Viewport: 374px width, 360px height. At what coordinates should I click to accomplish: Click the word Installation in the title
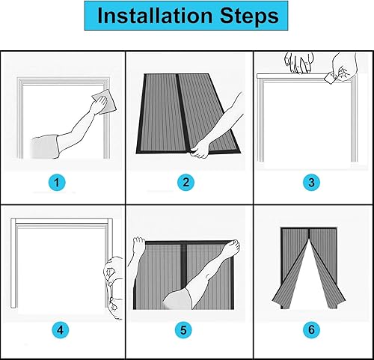155,16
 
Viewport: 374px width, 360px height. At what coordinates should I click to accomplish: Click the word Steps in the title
249,16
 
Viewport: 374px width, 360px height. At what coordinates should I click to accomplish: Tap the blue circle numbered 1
57,183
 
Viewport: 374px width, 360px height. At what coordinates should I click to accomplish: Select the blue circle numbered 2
186,183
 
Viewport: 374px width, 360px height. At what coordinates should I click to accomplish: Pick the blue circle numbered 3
311,183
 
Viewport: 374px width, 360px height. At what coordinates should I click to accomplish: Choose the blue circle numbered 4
61,330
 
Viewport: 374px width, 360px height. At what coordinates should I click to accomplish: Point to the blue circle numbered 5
183,330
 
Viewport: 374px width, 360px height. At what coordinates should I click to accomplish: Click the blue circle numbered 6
311,330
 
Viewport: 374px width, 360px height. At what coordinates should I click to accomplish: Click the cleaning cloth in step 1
105,102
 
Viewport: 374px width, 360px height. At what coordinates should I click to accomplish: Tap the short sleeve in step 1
45,147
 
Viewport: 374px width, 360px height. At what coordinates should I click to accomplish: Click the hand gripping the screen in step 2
200,150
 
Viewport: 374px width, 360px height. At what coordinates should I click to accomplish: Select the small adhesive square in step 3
331,78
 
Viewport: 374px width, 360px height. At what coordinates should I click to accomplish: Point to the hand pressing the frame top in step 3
299,63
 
